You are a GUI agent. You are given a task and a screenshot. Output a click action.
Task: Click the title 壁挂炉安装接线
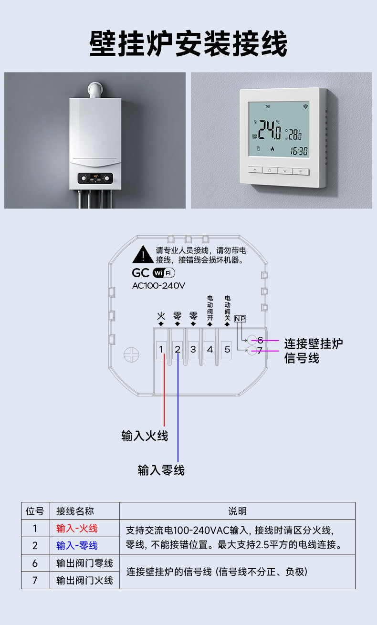(x=188, y=43)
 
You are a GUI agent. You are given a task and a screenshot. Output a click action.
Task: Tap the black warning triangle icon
(x=143, y=254)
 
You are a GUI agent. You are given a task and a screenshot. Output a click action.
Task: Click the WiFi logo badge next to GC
(x=164, y=273)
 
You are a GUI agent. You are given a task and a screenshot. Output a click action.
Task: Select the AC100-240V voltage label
(x=158, y=286)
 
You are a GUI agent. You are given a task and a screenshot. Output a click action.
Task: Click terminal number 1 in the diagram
(x=161, y=349)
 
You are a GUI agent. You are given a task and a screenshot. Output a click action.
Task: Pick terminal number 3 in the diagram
(x=193, y=349)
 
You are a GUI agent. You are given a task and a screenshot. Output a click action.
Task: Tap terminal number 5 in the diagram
(x=228, y=349)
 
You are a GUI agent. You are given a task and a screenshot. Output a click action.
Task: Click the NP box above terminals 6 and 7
(x=240, y=319)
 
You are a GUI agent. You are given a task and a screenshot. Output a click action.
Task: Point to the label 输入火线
(x=145, y=436)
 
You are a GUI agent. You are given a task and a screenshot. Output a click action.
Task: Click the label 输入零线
(x=161, y=470)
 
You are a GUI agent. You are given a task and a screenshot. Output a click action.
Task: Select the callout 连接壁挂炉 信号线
(x=314, y=351)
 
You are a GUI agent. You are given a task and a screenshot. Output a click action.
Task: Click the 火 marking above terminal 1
(x=161, y=316)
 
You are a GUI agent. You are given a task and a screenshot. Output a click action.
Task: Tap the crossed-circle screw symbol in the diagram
(x=131, y=355)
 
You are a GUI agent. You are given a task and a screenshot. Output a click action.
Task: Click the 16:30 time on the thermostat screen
(x=299, y=151)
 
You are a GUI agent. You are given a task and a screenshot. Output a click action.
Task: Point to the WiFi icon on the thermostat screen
(x=305, y=106)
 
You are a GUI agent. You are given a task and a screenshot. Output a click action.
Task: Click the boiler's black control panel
(x=95, y=178)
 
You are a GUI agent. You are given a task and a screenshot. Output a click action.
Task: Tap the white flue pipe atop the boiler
(x=95, y=90)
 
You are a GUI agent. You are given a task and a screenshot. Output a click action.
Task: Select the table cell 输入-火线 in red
(x=77, y=529)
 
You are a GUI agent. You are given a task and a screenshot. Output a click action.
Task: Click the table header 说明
(x=238, y=511)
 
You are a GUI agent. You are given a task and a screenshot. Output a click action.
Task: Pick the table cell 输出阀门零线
(x=84, y=563)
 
